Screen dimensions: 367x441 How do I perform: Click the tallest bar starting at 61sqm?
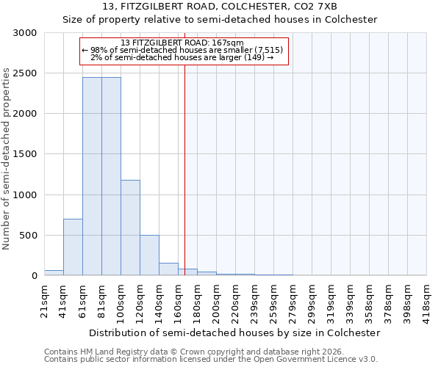coord(92,176)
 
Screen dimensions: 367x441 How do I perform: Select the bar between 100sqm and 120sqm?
coord(130,228)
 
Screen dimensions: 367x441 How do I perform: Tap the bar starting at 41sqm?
coord(73,247)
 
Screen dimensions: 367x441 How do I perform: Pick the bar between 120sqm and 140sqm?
coord(149,255)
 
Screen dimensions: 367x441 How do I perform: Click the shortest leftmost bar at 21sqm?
coord(54,272)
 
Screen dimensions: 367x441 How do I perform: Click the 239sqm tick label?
coord(254,299)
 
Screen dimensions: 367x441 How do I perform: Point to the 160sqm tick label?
coord(178,299)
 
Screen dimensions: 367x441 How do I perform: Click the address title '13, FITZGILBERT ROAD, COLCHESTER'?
coord(220,7)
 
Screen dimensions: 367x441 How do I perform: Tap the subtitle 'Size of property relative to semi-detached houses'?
coord(220,20)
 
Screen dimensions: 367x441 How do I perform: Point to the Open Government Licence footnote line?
coord(211,360)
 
